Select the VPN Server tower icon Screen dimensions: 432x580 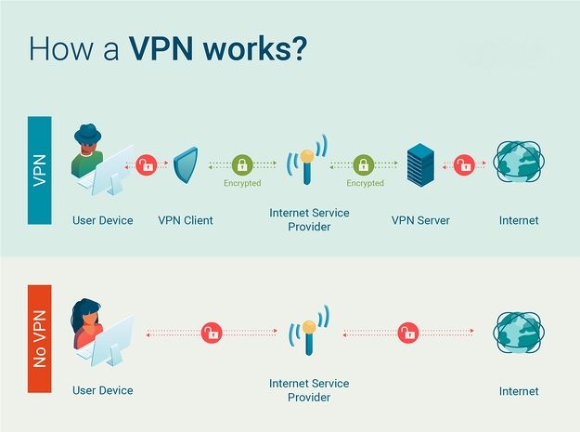[421, 166]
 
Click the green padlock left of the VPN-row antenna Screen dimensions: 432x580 [242, 165]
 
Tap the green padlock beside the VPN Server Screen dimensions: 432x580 [365, 165]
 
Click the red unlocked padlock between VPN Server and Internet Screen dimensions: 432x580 [461, 166]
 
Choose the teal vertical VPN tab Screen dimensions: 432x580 [40, 169]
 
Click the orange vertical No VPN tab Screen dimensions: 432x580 [40, 339]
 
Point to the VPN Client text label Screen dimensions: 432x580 [186, 220]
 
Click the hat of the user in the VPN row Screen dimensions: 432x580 [89, 133]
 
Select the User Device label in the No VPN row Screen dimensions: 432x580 [103, 391]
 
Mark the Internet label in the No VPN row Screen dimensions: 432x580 [519, 391]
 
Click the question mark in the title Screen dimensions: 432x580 [298, 48]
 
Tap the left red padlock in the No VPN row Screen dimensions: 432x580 [213, 332]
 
